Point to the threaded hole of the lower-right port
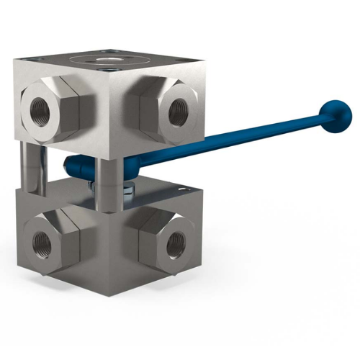tap(175, 245)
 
